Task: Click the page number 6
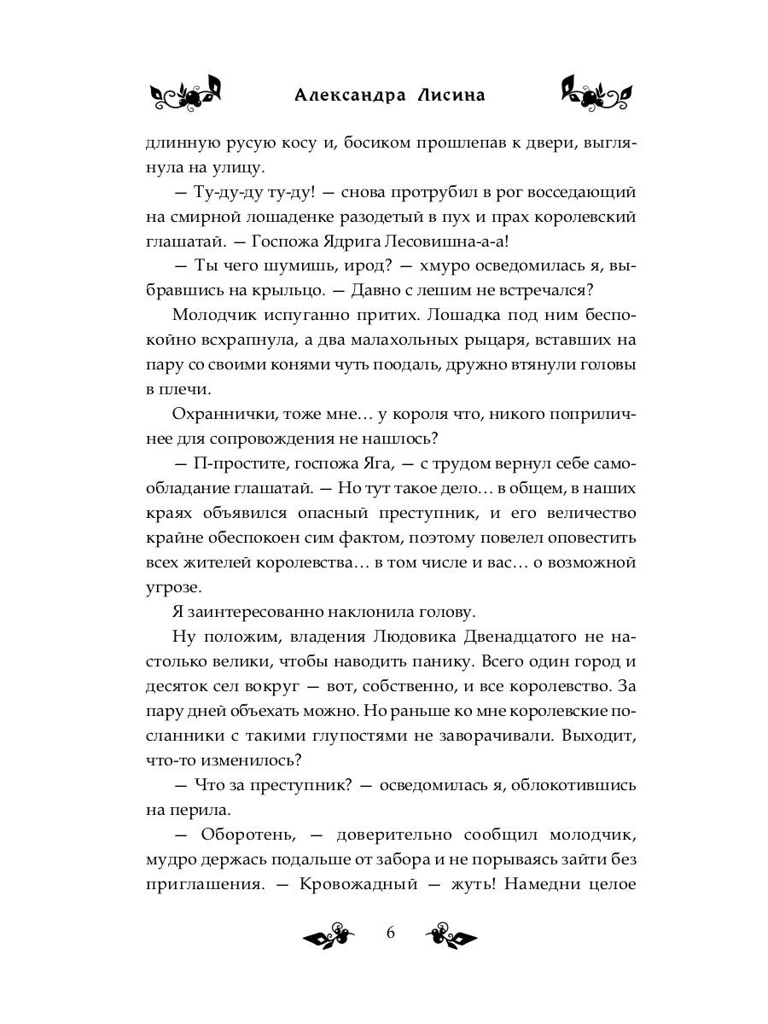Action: tap(391, 932)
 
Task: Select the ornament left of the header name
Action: tap(186, 93)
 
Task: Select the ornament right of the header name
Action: tap(596, 93)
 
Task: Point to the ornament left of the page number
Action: tap(329, 934)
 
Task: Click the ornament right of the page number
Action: tap(451, 934)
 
